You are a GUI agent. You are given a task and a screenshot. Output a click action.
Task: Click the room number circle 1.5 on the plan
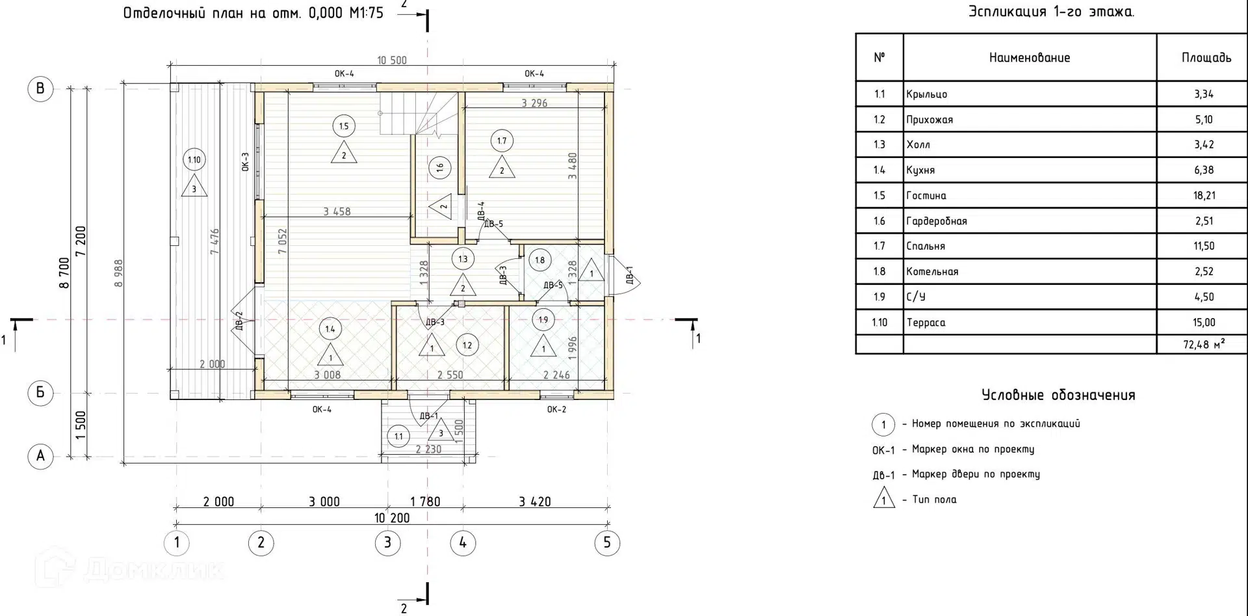click(344, 126)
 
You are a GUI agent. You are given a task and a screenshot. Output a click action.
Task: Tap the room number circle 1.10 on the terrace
click(194, 159)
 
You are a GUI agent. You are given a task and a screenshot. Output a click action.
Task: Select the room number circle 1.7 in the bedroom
click(502, 141)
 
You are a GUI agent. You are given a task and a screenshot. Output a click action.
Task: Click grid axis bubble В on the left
click(40, 88)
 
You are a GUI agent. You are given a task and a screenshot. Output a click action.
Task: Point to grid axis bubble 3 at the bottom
click(388, 543)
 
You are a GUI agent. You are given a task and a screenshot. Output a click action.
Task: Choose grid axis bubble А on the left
click(40, 456)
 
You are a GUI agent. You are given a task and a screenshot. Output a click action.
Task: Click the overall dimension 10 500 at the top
click(392, 60)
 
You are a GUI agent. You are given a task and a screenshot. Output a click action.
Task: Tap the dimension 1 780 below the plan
click(425, 502)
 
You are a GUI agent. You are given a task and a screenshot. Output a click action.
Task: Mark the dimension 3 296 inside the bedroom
click(534, 103)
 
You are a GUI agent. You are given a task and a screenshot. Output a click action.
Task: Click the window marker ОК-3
click(246, 161)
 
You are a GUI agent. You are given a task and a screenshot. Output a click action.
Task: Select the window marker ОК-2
click(556, 409)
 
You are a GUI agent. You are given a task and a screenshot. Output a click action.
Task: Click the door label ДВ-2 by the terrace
click(239, 321)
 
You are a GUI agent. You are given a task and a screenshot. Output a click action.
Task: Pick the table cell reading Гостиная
click(926, 195)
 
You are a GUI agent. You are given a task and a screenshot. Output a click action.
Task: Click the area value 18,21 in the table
click(1204, 195)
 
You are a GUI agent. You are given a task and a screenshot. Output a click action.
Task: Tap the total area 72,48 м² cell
click(1203, 344)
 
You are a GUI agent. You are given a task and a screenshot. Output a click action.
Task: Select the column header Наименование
click(1030, 58)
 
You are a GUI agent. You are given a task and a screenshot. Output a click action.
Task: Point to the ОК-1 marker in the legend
click(883, 450)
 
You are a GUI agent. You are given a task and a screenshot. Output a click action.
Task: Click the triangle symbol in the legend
click(883, 498)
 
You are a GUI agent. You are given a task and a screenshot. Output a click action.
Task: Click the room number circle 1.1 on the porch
click(398, 436)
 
